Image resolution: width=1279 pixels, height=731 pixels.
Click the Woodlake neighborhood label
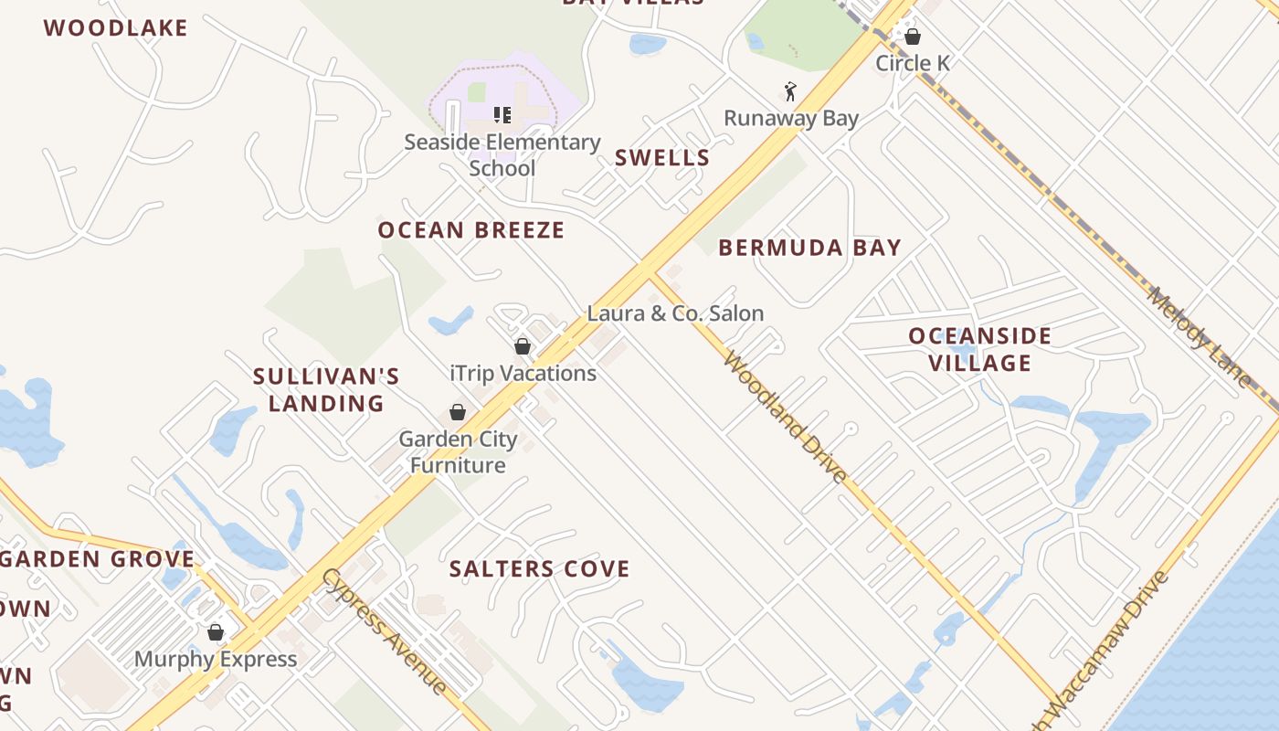pyautogui.click(x=116, y=28)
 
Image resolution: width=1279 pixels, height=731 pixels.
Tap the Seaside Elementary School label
pyautogui.click(x=502, y=155)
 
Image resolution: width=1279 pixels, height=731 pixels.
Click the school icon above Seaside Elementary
pyautogui.click(x=502, y=115)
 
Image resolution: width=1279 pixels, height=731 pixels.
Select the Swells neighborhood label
pyautogui.click(x=662, y=158)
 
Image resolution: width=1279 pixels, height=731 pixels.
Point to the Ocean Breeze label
pyautogui.click(x=471, y=230)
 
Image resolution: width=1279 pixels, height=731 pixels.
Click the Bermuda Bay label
pyautogui.click(x=809, y=248)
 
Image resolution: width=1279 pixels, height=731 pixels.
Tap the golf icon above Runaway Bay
pyautogui.click(x=791, y=91)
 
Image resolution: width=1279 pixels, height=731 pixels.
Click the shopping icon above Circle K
pyautogui.click(x=912, y=37)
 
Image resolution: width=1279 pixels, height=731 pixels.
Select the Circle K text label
pyautogui.click(x=912, y=64)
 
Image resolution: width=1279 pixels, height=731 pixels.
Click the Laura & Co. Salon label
pyautogui.click(x=675, y=313)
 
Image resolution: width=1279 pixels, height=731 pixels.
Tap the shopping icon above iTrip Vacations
pyautogui.click(x=523, y=346)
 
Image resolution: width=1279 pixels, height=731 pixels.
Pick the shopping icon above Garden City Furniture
pyautogui.click(x=458, y=412)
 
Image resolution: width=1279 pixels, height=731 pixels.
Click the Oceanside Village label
pyautogui.click(x=980, y=349)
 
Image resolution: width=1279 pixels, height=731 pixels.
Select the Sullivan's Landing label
pyautogui.click(x=326, y=389)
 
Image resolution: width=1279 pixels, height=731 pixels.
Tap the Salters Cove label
pyautogui.click(x=539, y=569)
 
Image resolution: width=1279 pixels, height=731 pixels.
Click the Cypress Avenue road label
pyautogui.click(x=385, y=630)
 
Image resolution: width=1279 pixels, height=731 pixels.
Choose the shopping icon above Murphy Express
pyautogui.click(x=216, y=632)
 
